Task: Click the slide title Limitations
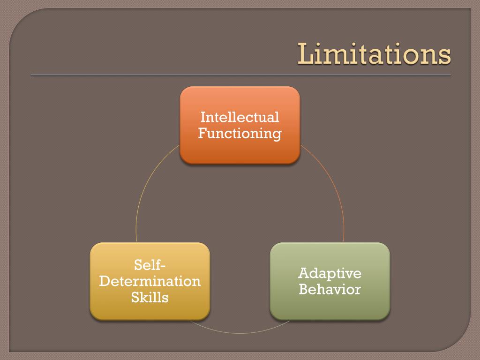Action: (x=374, y=54)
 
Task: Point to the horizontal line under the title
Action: (x=240, y=75)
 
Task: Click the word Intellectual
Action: (x=240, y=117)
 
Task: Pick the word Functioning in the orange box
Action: (x=240, y=133)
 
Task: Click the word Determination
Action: (x=150, y=281)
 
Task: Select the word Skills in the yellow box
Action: (x=150, y=297)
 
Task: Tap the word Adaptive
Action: (x=330, y=273)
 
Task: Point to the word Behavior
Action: (x=330, y=289)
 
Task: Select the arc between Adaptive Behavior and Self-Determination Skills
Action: (x=240, y=333)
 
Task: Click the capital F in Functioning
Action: (x=202, y=133)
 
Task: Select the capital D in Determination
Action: (x=104, y=281)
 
